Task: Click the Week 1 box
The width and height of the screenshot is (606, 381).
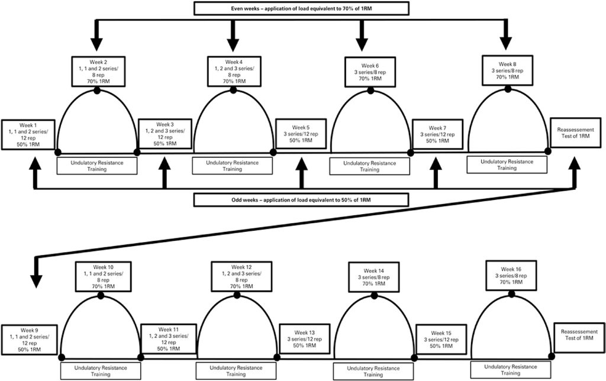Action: (27, 135)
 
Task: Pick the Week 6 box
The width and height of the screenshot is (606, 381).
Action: (370, 72)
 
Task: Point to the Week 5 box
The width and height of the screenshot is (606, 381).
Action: (300, 134)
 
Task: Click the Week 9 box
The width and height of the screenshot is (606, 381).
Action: (28, 340)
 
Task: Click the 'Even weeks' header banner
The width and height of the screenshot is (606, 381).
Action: (301, 8)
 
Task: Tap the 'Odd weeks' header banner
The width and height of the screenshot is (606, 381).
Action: (301, 199)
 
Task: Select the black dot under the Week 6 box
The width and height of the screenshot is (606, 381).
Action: (370, 91)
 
